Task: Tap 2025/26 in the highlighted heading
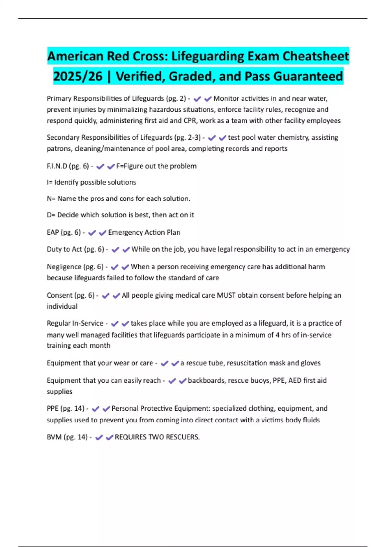tap(78, 77)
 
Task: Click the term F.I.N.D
tap(57, 166)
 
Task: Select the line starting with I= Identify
tap(91, 182)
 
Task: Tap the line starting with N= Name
tap(118, 199)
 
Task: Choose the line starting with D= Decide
tap(120, 215)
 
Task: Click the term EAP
tap(53, 232)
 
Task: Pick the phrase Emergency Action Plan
tap(144, 232)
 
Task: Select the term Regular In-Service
tap(75, 323)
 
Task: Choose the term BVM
tap(54, 437)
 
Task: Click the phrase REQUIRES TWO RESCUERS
tap(157, 437)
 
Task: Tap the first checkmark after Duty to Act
tap(115, 250)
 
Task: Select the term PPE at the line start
tap(53, 409)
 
